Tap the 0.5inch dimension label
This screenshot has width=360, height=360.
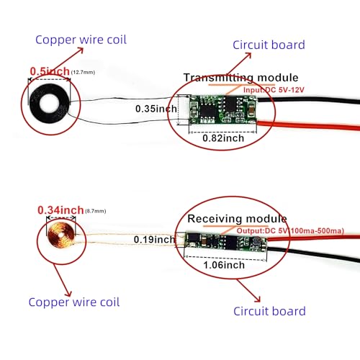pyautogui.click(x=49, y=71)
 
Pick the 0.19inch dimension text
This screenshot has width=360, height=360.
pyautogui.click(x=154, y=239)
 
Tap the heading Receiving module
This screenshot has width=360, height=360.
pyautogui.click(x=237, y=218)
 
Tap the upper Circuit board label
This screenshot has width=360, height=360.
pyautogui.click(x=269, y=45)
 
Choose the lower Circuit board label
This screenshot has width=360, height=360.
pyautogui.click(x=269, y=311)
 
